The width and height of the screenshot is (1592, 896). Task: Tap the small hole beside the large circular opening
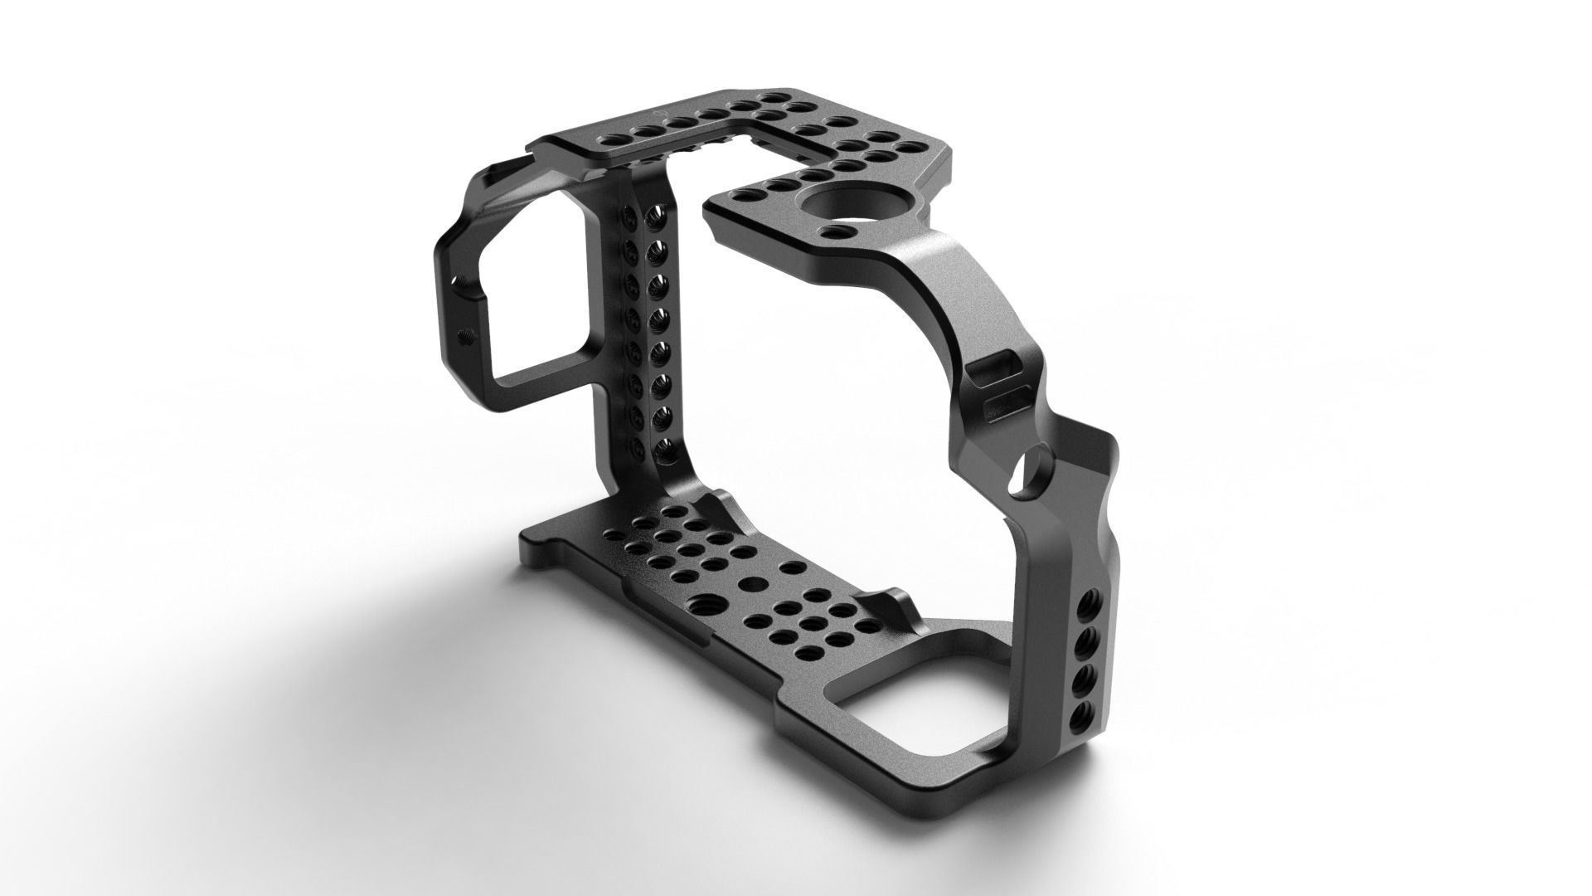pyautogui.click(x=838, y=231)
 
